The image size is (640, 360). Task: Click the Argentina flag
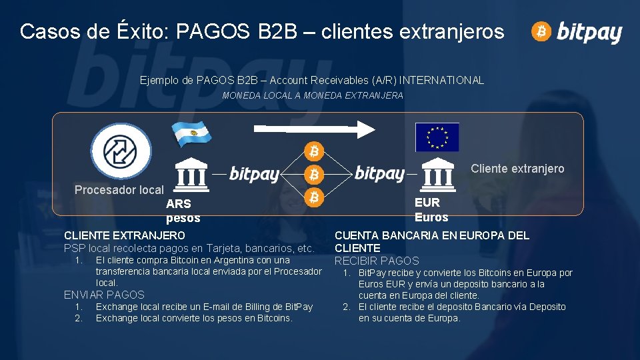(192, 134)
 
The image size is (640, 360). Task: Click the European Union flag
(437, 137)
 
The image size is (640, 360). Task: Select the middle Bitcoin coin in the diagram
(314, 175)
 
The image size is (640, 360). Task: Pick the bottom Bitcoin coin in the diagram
(314, 197)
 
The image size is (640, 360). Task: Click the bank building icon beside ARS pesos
(191, 175)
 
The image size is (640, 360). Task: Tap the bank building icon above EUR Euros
(439, 175)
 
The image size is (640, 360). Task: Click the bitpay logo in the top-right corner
(577, 31)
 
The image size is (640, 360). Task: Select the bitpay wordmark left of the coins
(254, 175)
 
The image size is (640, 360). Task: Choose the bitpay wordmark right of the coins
(379, 174)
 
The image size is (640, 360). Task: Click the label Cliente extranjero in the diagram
(517, 169)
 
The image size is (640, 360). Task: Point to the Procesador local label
(119, 190)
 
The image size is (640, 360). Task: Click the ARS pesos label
(182, 211)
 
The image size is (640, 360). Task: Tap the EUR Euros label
(431, 209)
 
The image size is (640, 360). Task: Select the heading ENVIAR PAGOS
(104, 295)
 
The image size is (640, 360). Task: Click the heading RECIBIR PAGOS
(377, 261)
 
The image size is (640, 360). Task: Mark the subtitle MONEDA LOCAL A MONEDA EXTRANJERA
(313, 96)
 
